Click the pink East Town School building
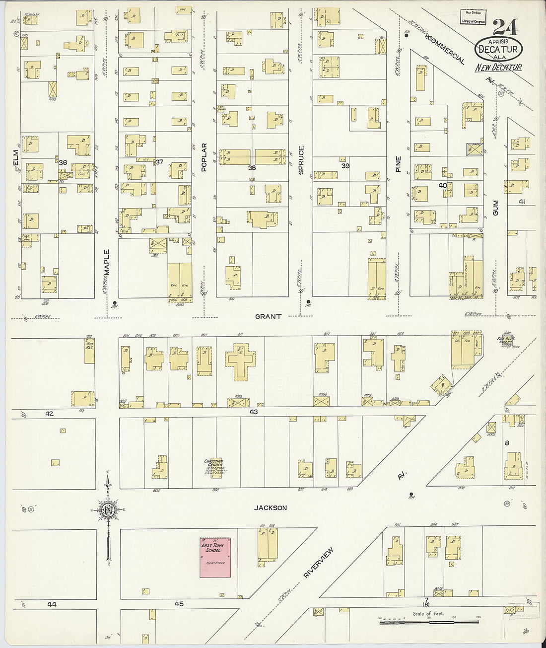tap(215, 557)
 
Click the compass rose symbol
tap(108, 510)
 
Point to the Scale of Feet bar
tap(429, 621)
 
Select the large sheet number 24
tap(505, 27)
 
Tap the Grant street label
tap(268, 316)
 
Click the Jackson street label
tap(271, 507)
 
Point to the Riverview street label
tap(318, 563)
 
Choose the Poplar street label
tap(204, 157)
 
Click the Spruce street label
tap(301, 160)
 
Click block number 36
tap(63, 162)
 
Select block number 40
tap(443, 185)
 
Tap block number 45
tap(179, 604)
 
